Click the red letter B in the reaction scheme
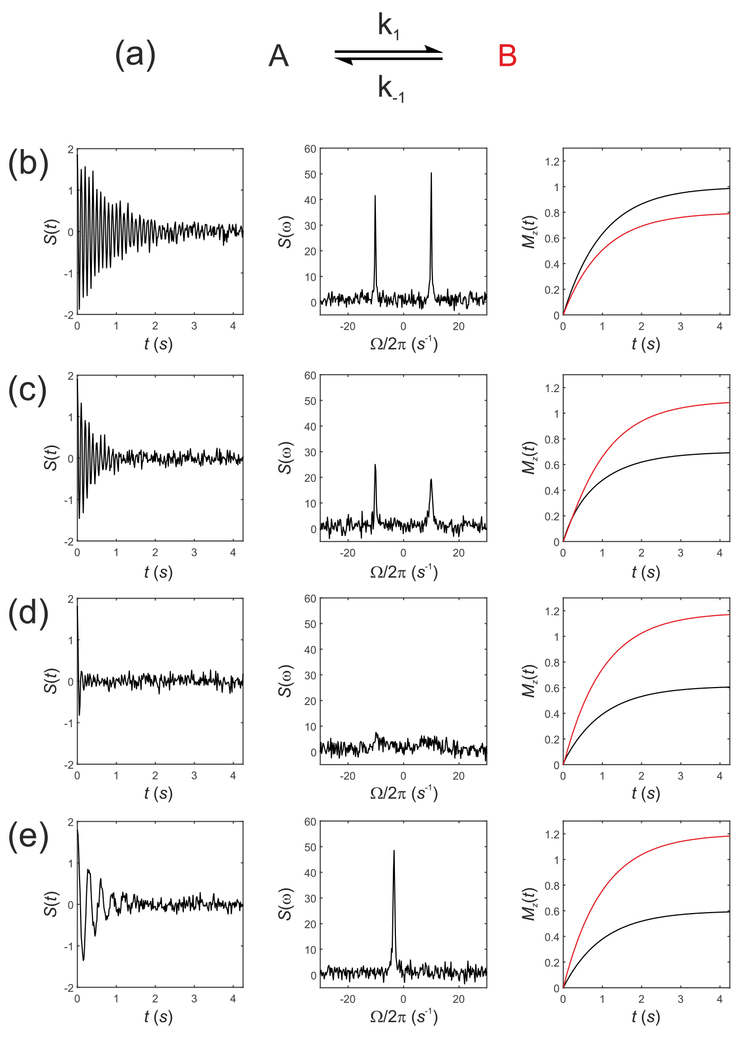[x=507, y=56]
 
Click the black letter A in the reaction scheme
[x=278, y=56]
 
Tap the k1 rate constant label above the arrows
[x=388, y=26]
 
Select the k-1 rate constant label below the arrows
[x=391, y=88]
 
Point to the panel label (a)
[x=135, y=54]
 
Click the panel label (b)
[x=28, y=164]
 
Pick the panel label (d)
[x=28, y=613]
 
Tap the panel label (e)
[x=28, y=836]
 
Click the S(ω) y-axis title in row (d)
[x=285, y=681]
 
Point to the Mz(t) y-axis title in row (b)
[x=529, y=232]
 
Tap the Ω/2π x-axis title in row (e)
[x=404, y=1016]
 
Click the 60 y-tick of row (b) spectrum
[x=310, y=149]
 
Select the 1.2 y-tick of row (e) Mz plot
[x=552, y=834]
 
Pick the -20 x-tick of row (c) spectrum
[x=348, y=553]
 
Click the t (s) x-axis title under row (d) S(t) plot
[x=158, y=793]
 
